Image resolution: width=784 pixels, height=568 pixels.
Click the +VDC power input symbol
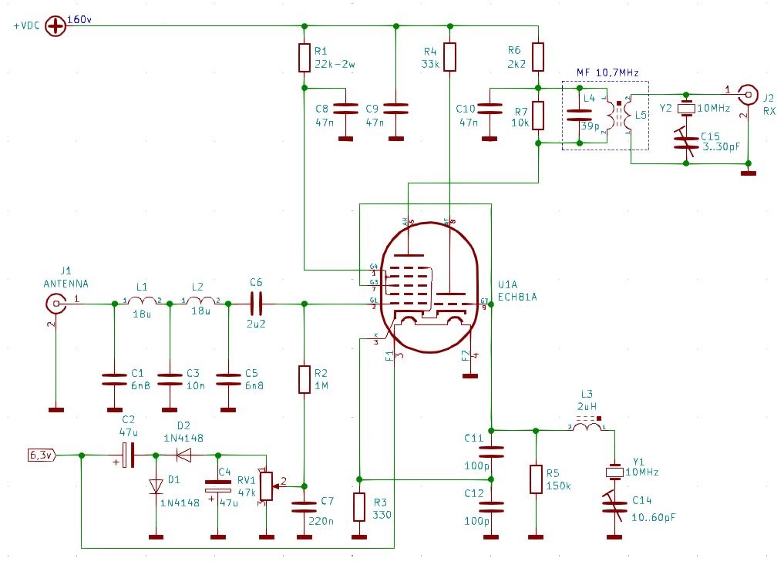tap(56, 25)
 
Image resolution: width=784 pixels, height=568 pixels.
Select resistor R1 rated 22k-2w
tap(304, 57)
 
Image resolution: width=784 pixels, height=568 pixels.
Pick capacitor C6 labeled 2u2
tap(257, 304)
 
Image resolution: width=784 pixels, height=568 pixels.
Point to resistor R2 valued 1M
tap(304, 379)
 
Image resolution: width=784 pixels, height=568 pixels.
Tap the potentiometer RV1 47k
tap(265, 485)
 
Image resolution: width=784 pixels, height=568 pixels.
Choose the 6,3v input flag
tap(42, 455)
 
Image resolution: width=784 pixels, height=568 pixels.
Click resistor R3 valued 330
tap(358, 507)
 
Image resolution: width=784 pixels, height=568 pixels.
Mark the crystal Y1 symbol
tap(614, 472)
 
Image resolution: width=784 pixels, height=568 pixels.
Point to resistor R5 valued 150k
tap(535, 479)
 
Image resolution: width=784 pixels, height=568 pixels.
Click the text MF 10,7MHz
tap(607, 72)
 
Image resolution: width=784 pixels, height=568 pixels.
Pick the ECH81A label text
tap(518, 296)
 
